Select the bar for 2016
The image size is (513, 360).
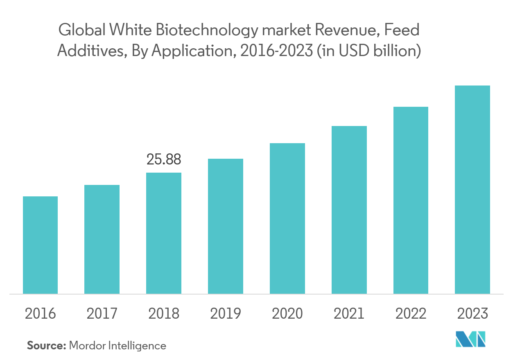[x=40, y=245]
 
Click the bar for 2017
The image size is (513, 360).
[x=102, y=239]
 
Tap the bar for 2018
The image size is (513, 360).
[x=164, y=233]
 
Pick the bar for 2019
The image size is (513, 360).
[x=226, y=226]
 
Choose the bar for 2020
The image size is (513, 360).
[x=287, y=218]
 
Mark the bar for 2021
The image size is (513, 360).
[x=349, y=209]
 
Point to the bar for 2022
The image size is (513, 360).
[x=411, y=200]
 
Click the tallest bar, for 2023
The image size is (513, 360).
[x=472, y=189]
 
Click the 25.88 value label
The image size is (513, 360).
[x=164, y=160]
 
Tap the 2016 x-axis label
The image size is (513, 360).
[x=40, y=314]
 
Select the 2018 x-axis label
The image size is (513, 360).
[x=164, y=314]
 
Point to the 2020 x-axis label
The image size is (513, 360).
[x=287, y=314]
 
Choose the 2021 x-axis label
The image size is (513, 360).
[x=349, y=314]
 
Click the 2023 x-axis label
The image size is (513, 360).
[x=472, y=314]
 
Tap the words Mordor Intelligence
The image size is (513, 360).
[x=118, y=346]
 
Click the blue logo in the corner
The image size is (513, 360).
[x=471, y=339]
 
